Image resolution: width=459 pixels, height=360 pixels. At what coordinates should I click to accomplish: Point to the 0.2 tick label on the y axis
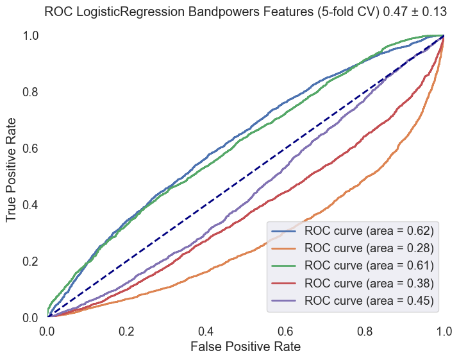click(30, 261)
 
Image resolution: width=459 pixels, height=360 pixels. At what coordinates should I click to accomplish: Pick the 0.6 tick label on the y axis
click(30, 148)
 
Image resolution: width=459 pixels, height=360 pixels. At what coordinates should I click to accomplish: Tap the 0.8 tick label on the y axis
click(30, 92)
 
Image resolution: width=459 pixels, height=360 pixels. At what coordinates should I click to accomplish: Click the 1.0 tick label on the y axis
click(30, 36)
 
